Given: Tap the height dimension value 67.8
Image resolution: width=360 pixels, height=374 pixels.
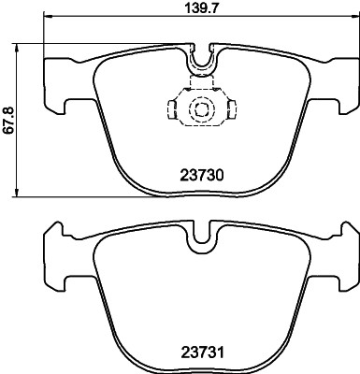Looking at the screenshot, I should coord(8,119).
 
